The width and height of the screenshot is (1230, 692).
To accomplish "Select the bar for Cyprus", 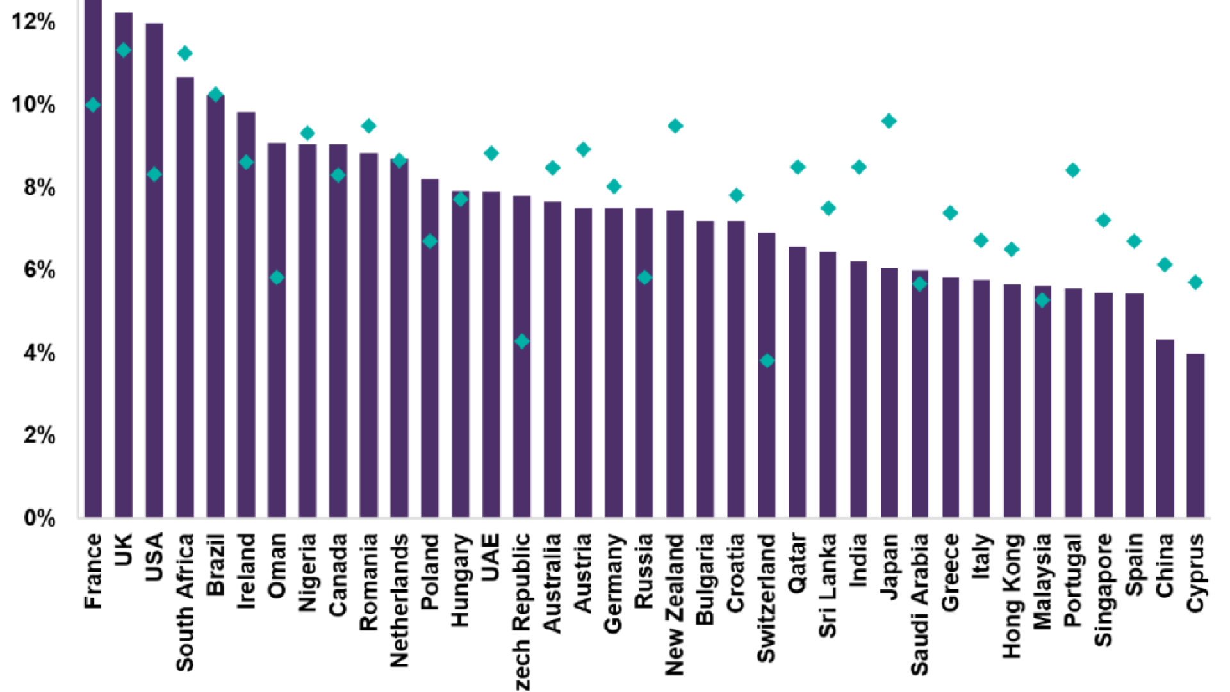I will (x=1195, y=435).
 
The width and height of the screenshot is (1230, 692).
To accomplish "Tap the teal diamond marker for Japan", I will (x=889, y=121).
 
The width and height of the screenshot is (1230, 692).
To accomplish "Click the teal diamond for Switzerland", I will (x=767, y=361).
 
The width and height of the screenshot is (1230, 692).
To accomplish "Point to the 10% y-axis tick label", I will (x=33, y=104).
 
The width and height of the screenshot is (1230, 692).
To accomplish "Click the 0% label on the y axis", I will (x=39, y=518).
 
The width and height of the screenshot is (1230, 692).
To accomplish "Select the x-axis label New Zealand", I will (x=675, y=604).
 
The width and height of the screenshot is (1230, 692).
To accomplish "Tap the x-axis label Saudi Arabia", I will (x=919, y=604).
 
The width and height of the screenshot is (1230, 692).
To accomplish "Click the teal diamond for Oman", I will (x=277, y=277).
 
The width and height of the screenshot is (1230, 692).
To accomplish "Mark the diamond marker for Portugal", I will (x=1072, y=170).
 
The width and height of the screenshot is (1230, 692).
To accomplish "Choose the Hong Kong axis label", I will (x=1012, y=596).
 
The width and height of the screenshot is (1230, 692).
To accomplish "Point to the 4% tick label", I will (x=39, y=352).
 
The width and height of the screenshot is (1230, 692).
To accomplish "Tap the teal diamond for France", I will (x=93, y=105).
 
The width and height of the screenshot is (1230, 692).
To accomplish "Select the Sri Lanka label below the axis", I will (x=828, y=586).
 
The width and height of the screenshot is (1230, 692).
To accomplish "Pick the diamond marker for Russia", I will (x=644, y=277).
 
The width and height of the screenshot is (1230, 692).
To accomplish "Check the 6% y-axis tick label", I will (x=39, y=270).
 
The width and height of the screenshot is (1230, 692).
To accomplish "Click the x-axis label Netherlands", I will (x=399, y=600).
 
